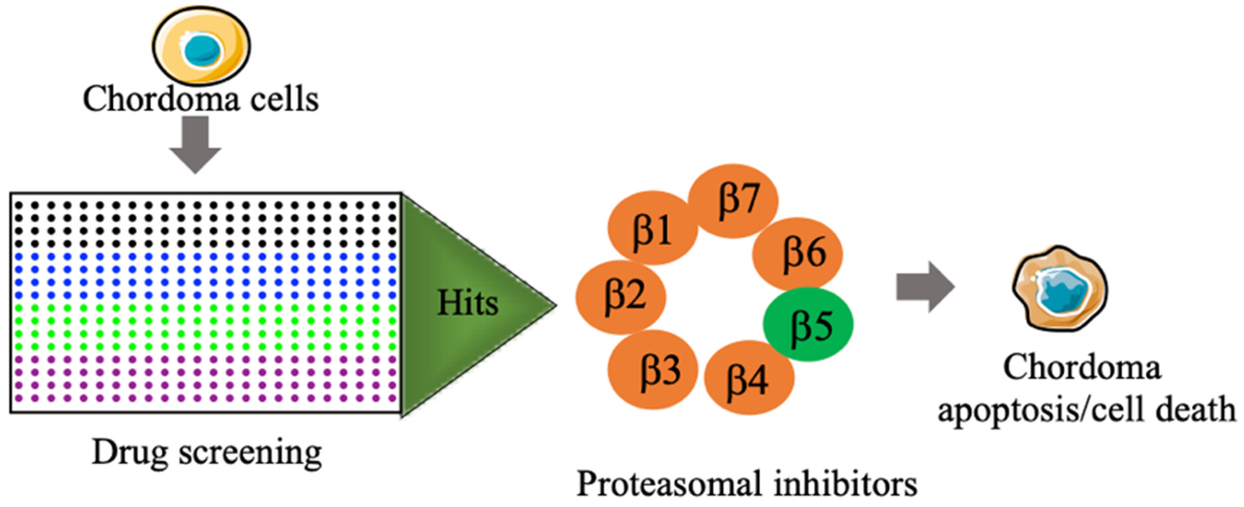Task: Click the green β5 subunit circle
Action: (808, 324)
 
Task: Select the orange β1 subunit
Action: (652, 228)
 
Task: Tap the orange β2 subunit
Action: (621, 297)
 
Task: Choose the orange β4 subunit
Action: (748, 377)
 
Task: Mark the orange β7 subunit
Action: (733, 200)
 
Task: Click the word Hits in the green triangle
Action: (467, 303)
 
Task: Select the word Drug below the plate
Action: (129, 453)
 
